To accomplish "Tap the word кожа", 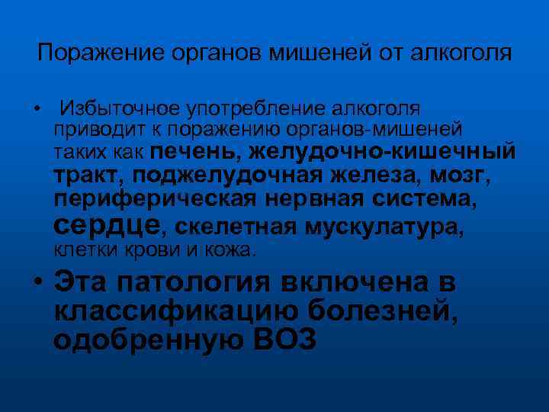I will tap(234, 249).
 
